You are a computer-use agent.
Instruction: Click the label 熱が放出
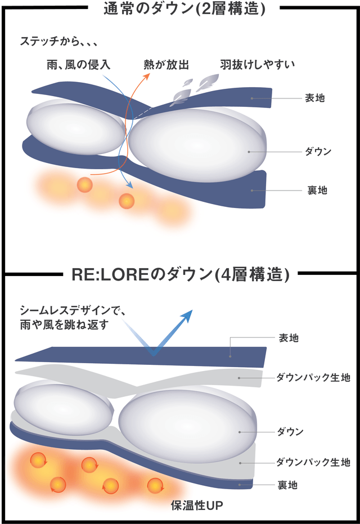click(165, 64)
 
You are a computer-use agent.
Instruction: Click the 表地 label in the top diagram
click(315, 98)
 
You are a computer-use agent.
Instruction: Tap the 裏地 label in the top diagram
click(317, 191)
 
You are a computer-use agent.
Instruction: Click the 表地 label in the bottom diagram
click(289, 338)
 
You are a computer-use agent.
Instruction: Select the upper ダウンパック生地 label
click(313, 378)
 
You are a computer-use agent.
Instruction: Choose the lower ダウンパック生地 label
click(313, 463)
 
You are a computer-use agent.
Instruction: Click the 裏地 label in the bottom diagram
click(288, 484)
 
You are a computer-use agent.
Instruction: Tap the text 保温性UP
click(196, 506)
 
